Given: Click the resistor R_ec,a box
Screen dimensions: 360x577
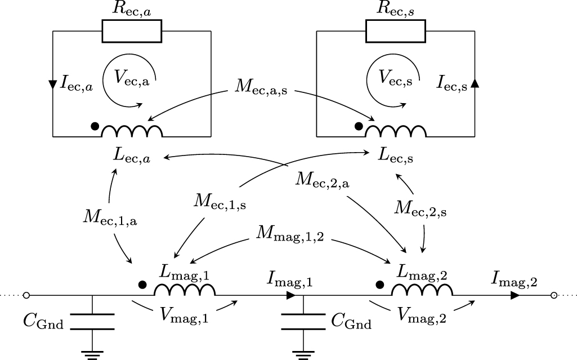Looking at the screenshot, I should (x=132, y=31).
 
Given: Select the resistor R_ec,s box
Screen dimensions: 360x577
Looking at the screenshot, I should (x=395, y=31).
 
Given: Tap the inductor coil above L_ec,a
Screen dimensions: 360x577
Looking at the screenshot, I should (x=132, y=132).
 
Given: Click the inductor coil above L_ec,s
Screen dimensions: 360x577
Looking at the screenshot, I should (x=396, y=132).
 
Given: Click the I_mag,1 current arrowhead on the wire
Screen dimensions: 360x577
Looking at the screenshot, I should (x=291, y=295).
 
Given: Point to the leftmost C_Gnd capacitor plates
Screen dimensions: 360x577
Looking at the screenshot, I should (x=93, y=322).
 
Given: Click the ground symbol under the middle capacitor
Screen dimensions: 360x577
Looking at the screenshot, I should (x=303, y=354).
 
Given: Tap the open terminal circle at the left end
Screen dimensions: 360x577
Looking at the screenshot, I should (x=26, y=295).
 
